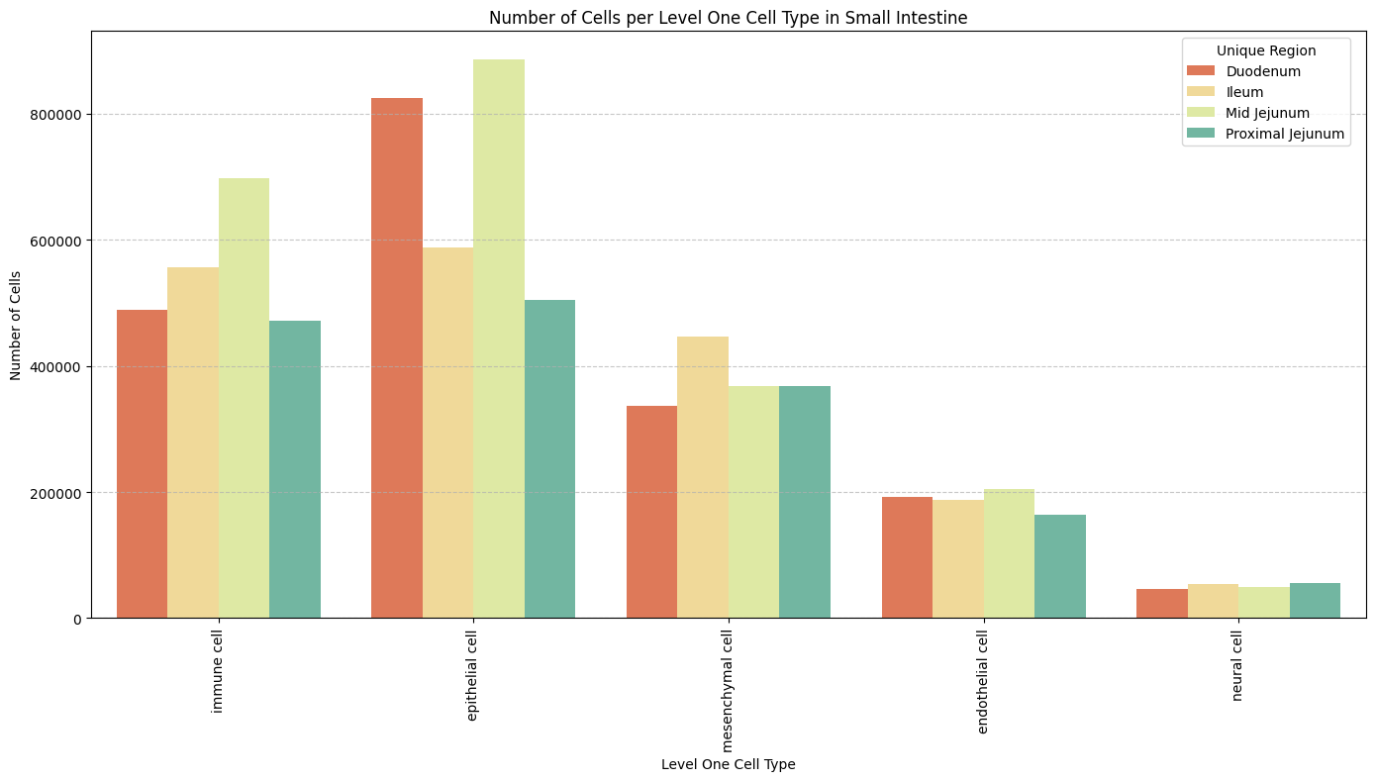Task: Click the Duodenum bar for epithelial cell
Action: coord(397,357)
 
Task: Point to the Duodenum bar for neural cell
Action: coord(1162,604)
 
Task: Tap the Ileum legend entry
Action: coord(1244,92)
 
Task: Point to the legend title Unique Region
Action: coord(1266,49)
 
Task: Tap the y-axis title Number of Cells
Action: coord(16,325)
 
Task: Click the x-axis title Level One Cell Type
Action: coord(728,764)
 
